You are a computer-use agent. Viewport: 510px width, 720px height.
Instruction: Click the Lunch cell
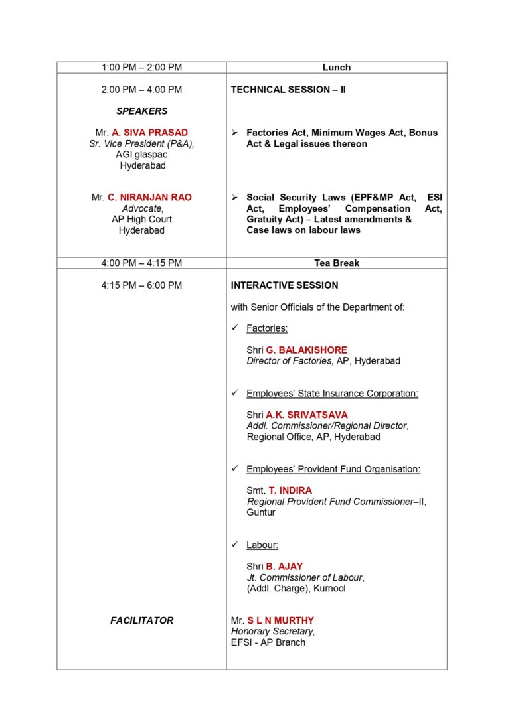(x=336, y=67)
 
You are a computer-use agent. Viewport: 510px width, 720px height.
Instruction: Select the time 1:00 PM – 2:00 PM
(x=141, y=67)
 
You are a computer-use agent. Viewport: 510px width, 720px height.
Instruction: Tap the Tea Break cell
(x=336, y=263)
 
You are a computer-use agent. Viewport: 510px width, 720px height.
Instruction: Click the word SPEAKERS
(x=141, y=111)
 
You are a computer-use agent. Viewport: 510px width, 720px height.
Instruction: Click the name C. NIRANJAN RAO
(x=149, y=198)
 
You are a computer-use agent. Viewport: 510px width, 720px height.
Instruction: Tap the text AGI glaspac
(x=141, y=155)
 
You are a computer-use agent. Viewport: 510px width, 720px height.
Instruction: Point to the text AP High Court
(x=141, y=220)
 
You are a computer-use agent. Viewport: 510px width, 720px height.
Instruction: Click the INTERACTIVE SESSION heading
(x=284, y=285)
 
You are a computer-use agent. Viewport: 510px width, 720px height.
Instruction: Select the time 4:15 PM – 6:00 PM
(x=141, y=285)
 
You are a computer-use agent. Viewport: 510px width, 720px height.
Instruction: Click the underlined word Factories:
(x=267, y=328)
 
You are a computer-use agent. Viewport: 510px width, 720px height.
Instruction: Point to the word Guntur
(x=261, y=512)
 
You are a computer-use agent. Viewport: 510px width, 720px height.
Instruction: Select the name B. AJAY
(x=284, y=567)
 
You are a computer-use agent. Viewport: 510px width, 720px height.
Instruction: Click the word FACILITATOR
(x=141, y=621)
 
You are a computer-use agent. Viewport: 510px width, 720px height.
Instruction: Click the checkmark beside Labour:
(x=234, y=545)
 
